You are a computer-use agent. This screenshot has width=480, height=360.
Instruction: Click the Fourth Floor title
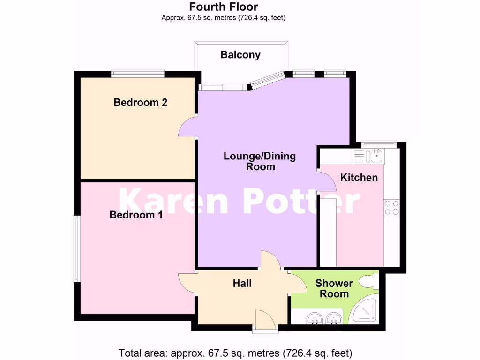pos(224,7)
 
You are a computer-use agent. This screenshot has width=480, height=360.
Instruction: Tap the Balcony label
pos(240,55)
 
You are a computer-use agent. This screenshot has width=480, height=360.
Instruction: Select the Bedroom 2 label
pos(141,102)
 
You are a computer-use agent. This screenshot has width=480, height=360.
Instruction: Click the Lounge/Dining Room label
pos(260,161)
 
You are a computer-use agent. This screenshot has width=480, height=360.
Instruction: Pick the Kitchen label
pos(359,177)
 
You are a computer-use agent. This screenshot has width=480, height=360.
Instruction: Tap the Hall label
pos(242,283)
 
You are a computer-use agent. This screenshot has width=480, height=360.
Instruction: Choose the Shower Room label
pos(334,288)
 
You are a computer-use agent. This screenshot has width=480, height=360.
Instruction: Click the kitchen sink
pos(375,156)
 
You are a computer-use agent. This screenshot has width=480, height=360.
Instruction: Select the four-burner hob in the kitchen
pos(391,208)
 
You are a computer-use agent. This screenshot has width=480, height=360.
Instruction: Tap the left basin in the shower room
pos(313,318)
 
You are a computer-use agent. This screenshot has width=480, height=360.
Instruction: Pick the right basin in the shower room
pos(334,318)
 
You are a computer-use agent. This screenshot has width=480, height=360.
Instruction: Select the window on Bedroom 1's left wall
pos(75,248)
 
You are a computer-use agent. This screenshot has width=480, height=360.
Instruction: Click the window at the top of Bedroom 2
pos(138,73)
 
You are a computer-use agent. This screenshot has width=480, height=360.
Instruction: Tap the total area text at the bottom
pos(235,352)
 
